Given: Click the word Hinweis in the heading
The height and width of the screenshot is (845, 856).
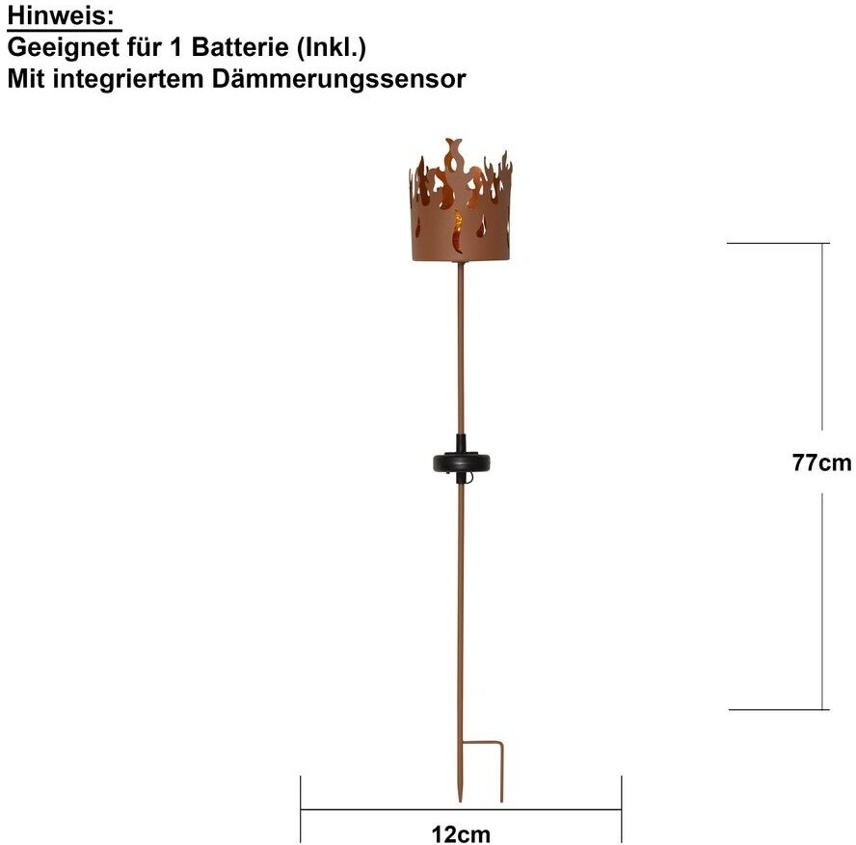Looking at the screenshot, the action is coord(62,15).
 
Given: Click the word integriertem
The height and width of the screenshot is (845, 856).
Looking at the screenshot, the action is coord(129,79).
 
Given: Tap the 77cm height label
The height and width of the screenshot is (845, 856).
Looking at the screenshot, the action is coord(821,462).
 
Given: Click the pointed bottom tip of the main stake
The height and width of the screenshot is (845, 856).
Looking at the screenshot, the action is coord(460,798).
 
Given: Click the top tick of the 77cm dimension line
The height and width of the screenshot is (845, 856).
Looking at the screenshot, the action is coord(777,244).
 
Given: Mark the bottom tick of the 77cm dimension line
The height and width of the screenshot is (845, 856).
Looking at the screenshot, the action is coord(777,710).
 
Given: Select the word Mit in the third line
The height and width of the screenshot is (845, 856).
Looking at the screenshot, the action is coord(25,79).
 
